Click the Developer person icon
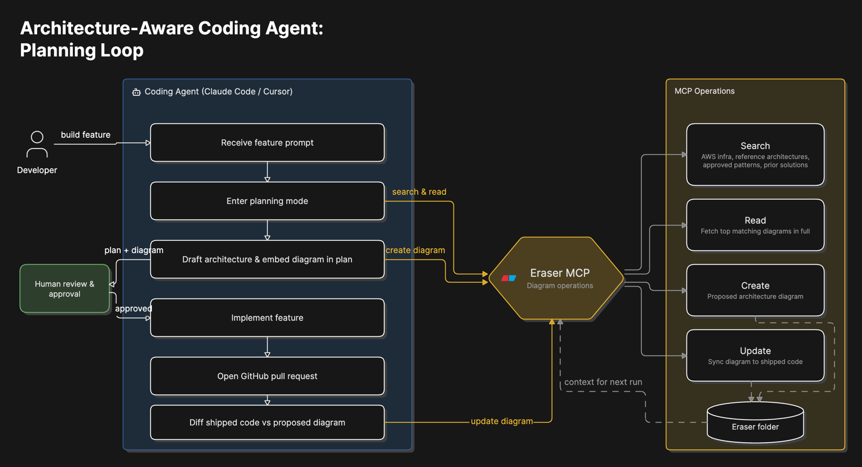pos(37,144)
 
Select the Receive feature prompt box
pos(267,142)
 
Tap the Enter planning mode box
pos(267,201)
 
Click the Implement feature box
pos(267,318)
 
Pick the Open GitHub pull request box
pos(267,376)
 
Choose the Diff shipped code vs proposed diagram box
pos(267,422)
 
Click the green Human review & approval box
pos(65,289)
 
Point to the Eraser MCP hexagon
pos(556,278)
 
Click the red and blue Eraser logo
pos(509,278)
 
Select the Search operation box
pos(755,154)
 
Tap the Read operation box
pos(755,225)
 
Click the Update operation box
pos(755,356)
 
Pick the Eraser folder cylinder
pos(755,422)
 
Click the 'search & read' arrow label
pos(419,192)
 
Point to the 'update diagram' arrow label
pos(502,421)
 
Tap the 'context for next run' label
pos(603,382)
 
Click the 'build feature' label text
pos(86,135)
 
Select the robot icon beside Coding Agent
pos(136,92)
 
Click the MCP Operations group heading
pos(704,91)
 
